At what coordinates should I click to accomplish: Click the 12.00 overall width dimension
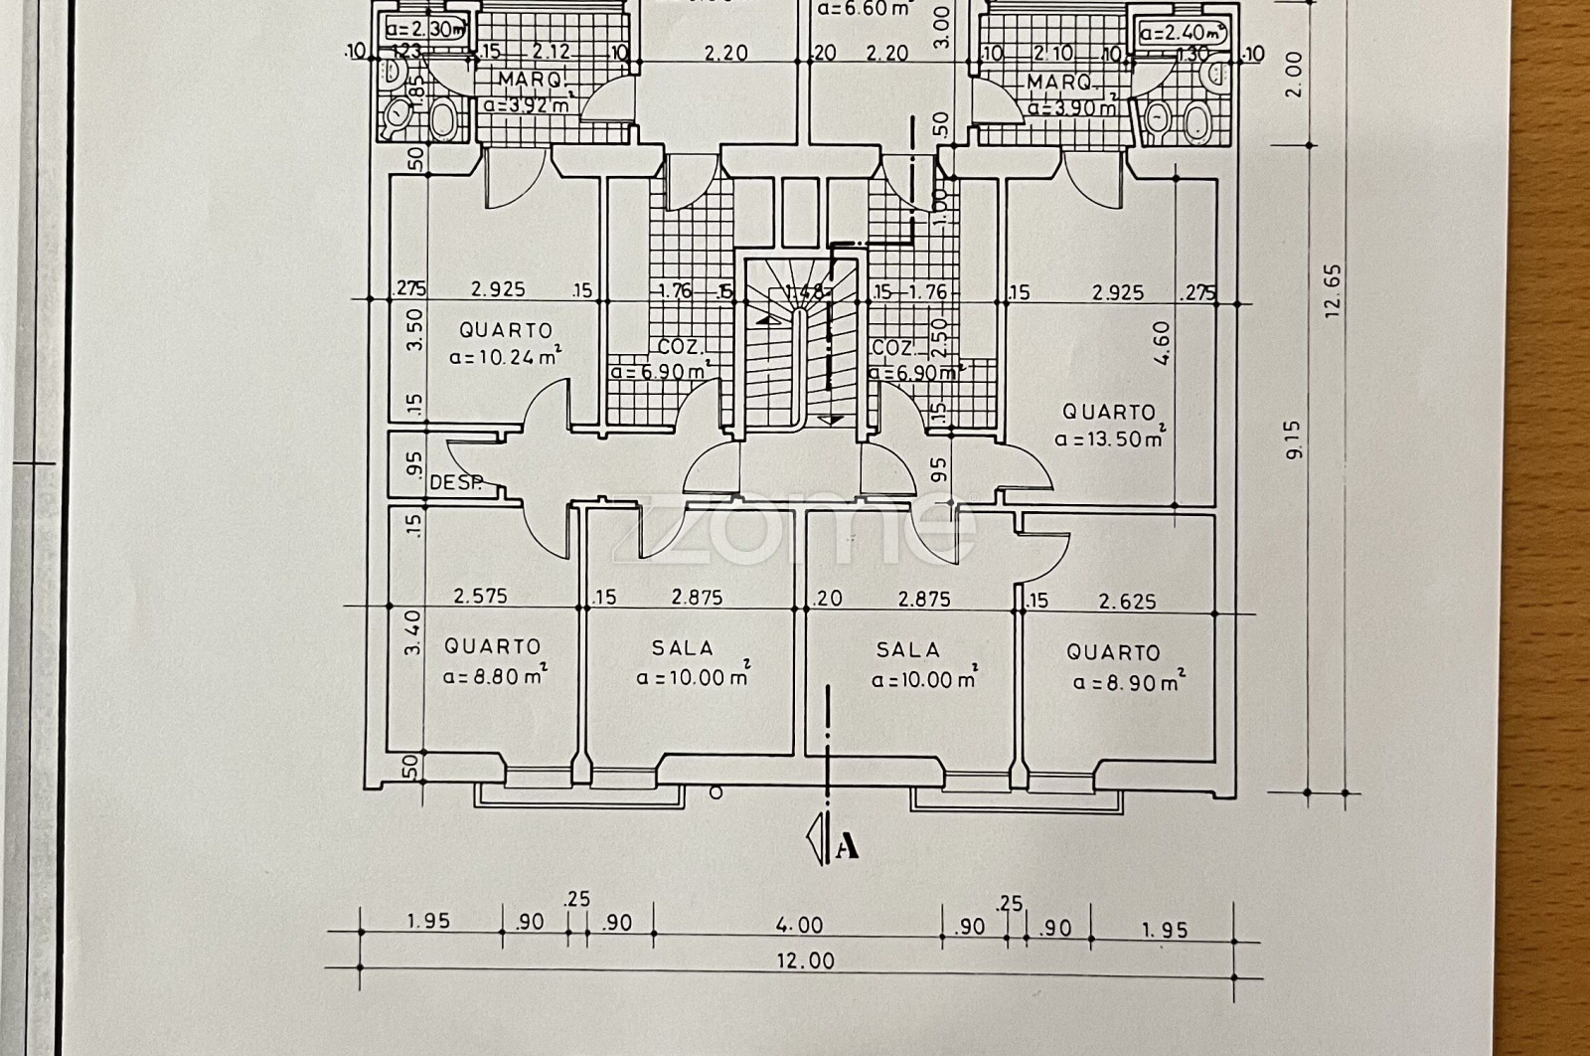[x=808, y=961]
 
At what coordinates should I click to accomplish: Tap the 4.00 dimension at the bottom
[x=799, y=925]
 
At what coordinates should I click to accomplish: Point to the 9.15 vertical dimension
[x=1293, y=439]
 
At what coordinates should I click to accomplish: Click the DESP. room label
[x=456, y=483]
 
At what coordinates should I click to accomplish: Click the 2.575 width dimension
[x=481, y=597]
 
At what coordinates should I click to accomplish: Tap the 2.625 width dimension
[x=1127, y=601]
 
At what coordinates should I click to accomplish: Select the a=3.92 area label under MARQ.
[x=526, y=104]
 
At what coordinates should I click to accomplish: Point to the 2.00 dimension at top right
[x=1291, y=74]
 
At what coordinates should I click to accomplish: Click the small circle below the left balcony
[x=715, y=792]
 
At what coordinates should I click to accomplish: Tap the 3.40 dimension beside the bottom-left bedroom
[x=414, y=632]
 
